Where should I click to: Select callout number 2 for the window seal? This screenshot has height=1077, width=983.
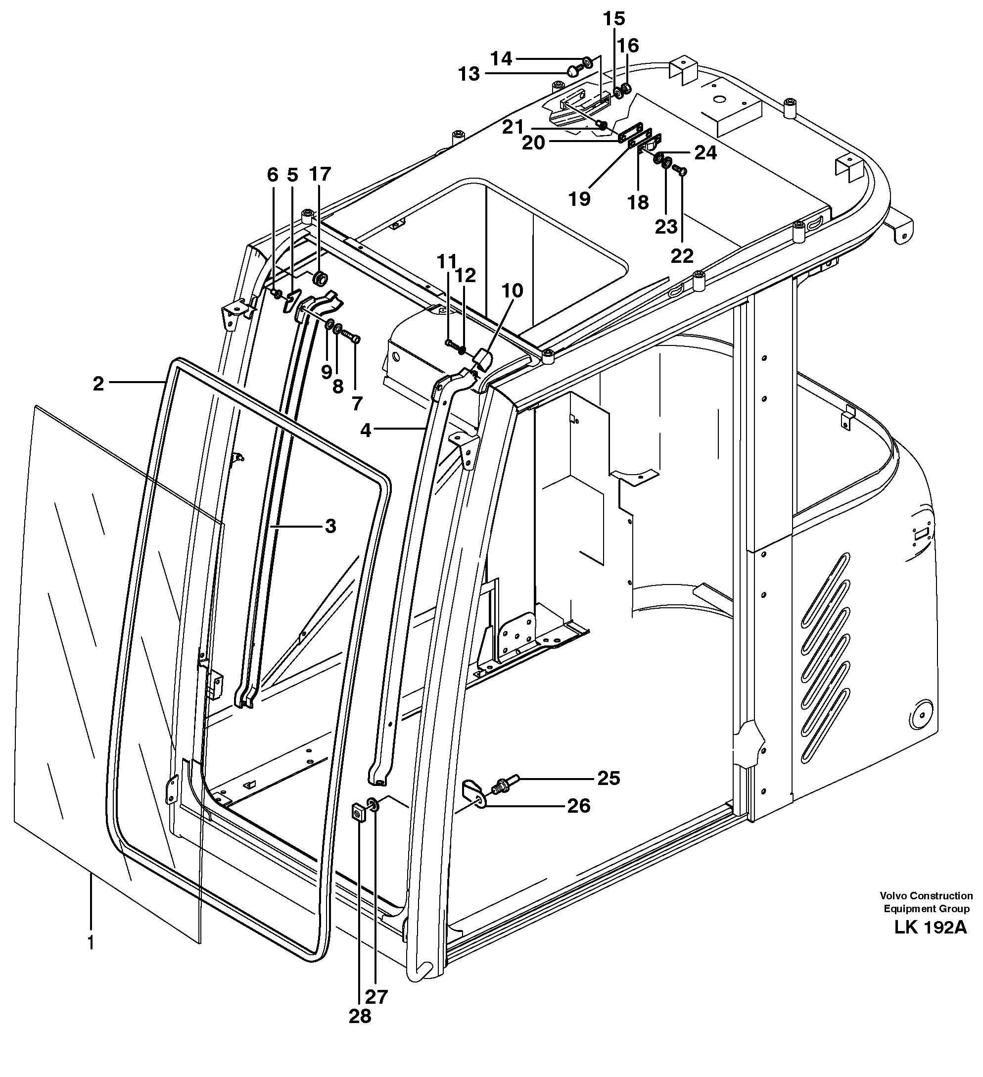pos(98,384)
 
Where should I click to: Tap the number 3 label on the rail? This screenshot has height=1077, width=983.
pos(330,526)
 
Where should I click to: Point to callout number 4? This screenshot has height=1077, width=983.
pos(365,430)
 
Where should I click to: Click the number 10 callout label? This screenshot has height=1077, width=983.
pos(512,291)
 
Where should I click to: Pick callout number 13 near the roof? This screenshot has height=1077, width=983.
pos(469,74)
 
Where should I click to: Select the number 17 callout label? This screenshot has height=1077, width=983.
pos(320,174)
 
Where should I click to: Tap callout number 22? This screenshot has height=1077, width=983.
pos(682,256)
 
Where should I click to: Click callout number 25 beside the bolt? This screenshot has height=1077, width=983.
pos(609,779)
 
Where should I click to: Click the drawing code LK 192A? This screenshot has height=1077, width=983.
pos(930,928)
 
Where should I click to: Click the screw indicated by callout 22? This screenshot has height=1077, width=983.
pos(681,170)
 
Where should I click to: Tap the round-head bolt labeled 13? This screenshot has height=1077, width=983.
pos(573,69)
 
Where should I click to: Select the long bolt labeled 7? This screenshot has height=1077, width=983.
pos(350,337)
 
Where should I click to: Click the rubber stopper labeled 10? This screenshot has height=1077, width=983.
pos(483,358)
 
